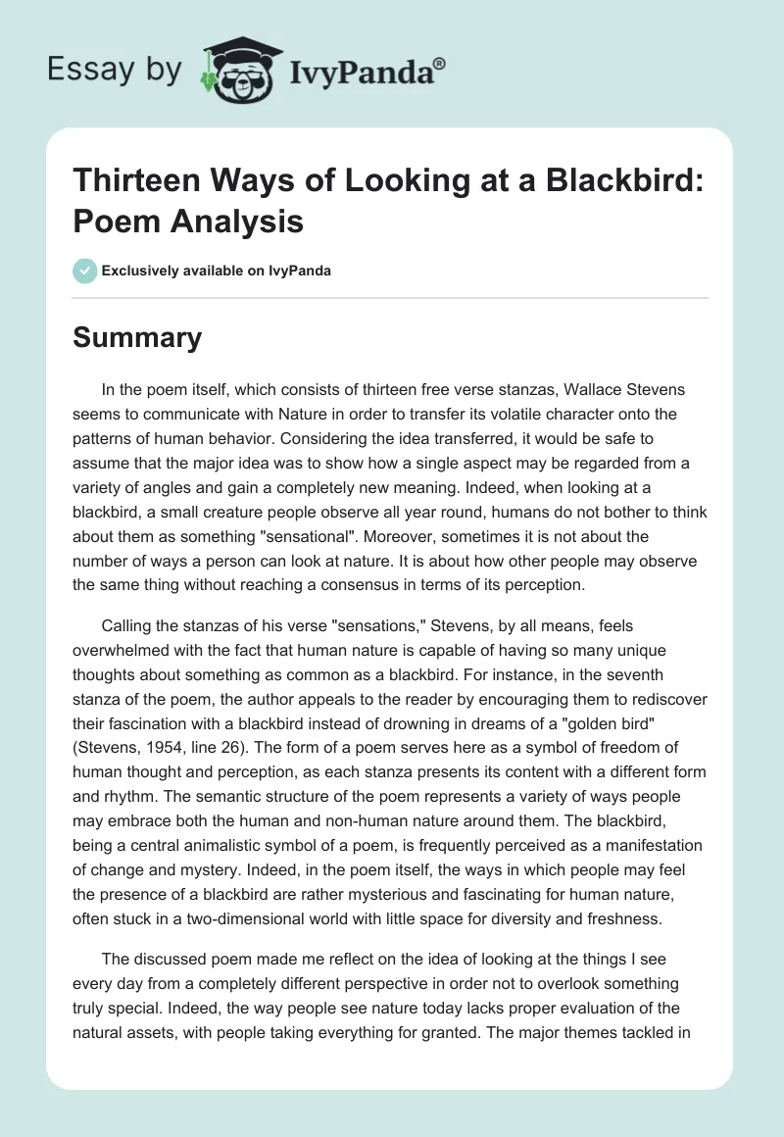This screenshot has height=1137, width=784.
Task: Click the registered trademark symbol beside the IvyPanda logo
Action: (440, 64)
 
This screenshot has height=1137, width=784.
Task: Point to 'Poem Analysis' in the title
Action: (188, 222)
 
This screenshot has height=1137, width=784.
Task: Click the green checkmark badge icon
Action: (86, 271)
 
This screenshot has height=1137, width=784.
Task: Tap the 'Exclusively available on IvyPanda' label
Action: (218, 272)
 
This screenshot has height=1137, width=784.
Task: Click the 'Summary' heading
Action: (137, 338)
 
